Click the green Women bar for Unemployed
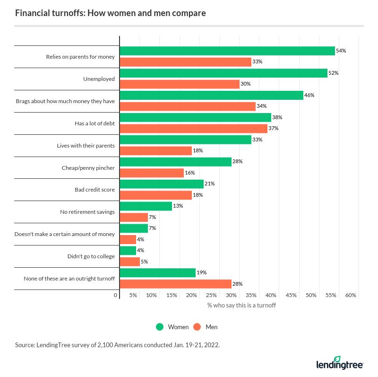pyautogui.click(x=223, y=73)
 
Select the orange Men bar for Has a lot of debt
pyautogui.click(x=194, y=128)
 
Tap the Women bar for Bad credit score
pyautogui.click(x=162, y=184)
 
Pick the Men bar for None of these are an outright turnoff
pyautogui.click(x=175, y=283)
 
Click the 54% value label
pyautogui.click(x=341, y=51)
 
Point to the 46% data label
pyautogui.click(x=309, y=95)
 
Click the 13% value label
pyautogui.click(x=178, y=206)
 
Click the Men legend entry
pyautogui.click(x=206, y=327)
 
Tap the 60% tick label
pyautogui.click(x=351, y=295)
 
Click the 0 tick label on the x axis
pyautogui.click(x=116, y=295)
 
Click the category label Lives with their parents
pyautogui.click(x=86, y=145)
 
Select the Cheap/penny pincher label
pyautogui.click(x=88, y=167)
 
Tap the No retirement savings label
pyautogui.click(x=87, y=212)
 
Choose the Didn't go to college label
pyautogui.click(x=91, y=256)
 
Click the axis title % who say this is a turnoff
pyautogui.click(x=241, y=306)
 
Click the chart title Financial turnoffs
pyautogui.click(x=111, y=13)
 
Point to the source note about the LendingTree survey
pyautogui.click(x=117, y=345)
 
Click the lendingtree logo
pyautogui.click(x=340, y=363)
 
